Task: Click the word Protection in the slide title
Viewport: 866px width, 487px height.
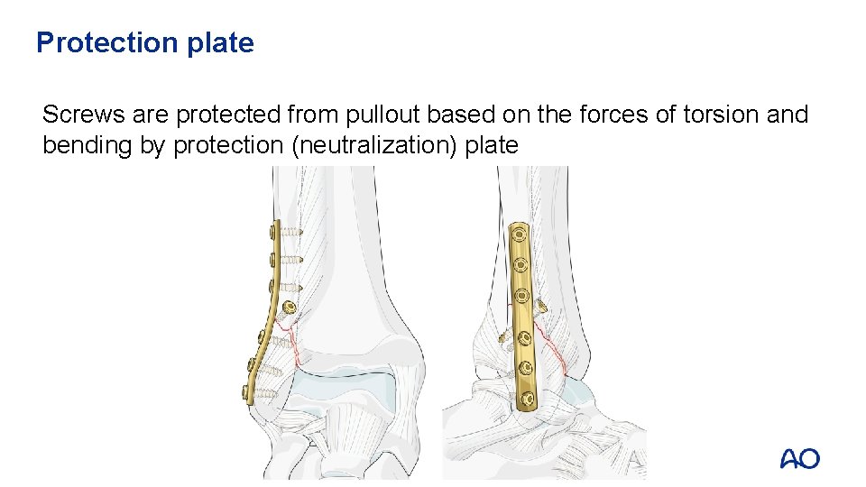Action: tap(106, 42)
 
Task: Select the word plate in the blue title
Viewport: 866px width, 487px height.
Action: tap(220, 42)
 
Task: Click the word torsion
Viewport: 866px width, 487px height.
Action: tap(704, 115)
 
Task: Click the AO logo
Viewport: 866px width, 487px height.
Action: tap(799, 459)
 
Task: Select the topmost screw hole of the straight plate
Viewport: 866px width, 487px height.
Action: tap(519, 237)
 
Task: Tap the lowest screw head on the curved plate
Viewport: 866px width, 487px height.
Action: tap(246, 391)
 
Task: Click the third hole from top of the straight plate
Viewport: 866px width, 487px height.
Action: tap(520, 294)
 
